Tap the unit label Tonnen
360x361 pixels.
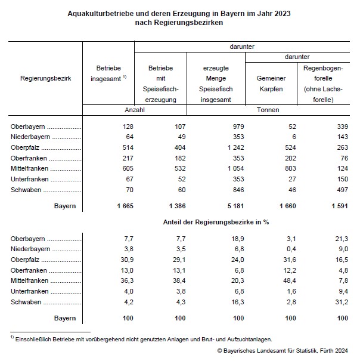point(268,110)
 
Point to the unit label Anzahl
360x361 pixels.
point(134,110)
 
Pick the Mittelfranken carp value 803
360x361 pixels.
point(290,169)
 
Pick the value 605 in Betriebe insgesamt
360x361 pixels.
point(127,169)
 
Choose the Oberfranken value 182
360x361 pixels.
point(179,158)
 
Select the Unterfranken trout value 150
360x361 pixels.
point(342,178)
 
